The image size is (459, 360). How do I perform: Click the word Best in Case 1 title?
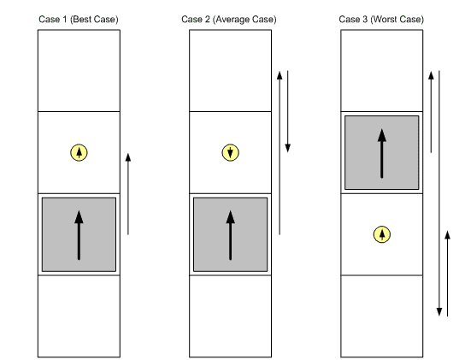click(80, 20)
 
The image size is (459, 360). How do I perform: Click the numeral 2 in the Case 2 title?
click(207, 20)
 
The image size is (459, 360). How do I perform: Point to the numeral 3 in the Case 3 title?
click(365, 20)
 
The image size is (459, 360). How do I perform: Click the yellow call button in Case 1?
click(79, 152)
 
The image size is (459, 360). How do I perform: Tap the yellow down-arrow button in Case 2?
click(231, 152)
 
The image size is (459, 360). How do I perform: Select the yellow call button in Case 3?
click(382, 234)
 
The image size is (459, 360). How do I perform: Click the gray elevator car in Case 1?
click(79, 234)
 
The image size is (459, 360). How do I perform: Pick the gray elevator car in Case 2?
click(231, 234)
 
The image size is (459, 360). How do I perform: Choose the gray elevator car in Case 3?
click(382, 152)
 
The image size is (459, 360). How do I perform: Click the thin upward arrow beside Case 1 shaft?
click(128, 194)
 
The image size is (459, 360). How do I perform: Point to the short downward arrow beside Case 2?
click(288, 112)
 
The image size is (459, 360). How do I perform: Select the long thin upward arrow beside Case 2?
click(280, 153)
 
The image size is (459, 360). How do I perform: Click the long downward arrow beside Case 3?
click(439, 193)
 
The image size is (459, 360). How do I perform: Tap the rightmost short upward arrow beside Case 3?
click(447, 274)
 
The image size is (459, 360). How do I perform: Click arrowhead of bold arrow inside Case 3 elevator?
click(382, 135)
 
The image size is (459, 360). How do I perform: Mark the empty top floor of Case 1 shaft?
click(79, 71)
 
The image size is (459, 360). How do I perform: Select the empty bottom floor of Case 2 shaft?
click(231, 316)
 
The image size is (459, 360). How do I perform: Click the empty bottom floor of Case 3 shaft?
click(382, 316)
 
